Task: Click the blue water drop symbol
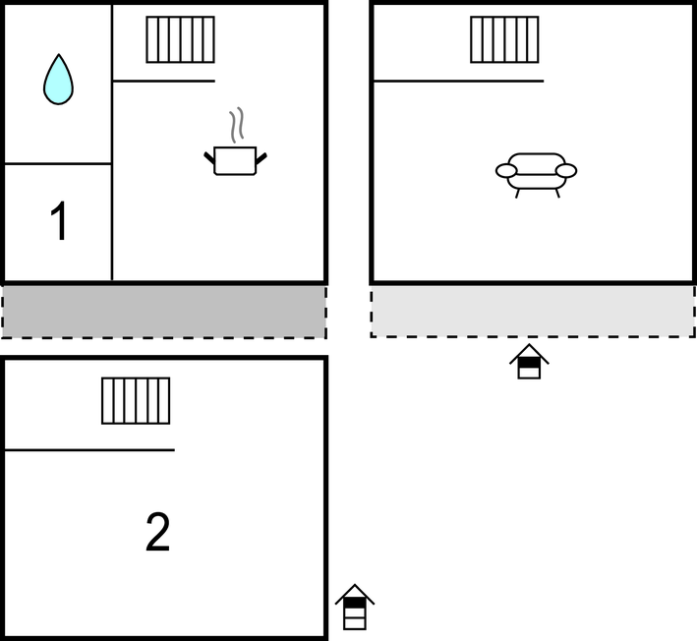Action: [58, 80]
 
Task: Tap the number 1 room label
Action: [59, 221]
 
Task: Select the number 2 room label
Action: [158, 532]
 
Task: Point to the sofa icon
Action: [536, 175]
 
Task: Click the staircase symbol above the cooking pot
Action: [181, 39]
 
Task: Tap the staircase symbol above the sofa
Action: [504, 39]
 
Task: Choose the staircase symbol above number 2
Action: [136, 401]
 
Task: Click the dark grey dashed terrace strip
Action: [164, 312]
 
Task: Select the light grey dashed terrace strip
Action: [533, 312]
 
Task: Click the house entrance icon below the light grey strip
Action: [529, 362]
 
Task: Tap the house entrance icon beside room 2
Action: [355, 608]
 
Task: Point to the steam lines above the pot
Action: [237, 125]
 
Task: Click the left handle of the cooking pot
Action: [209, 158]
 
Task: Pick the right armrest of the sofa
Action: [566, 171]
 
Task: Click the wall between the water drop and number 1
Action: [58, 164]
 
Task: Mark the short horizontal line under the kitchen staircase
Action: [164, 81]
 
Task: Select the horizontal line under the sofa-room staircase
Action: [458, 81]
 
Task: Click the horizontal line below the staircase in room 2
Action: [89, 450]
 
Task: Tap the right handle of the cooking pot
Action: [261, 158]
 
